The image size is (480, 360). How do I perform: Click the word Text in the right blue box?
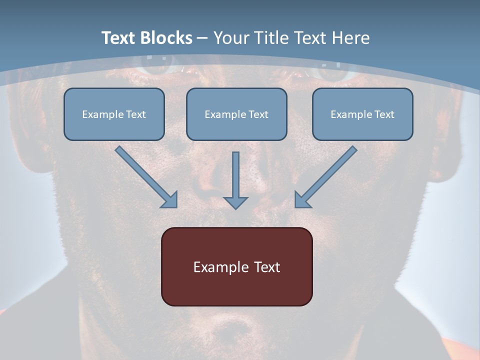(384, 114)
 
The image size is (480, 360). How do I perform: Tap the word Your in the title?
(230, 38)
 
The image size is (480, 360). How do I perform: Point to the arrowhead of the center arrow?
(235, 202)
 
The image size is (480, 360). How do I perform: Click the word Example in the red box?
(221, 267)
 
